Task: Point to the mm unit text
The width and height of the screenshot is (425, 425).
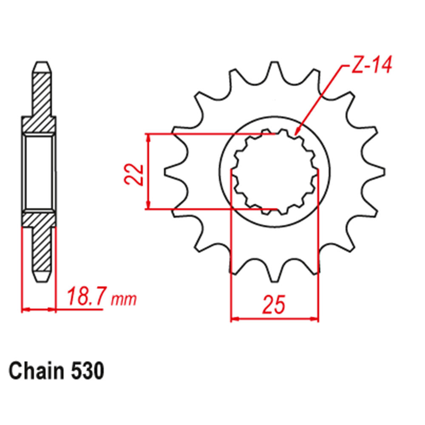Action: (x=124, y=300)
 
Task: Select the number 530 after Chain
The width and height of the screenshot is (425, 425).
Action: (x=88, y=371)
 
